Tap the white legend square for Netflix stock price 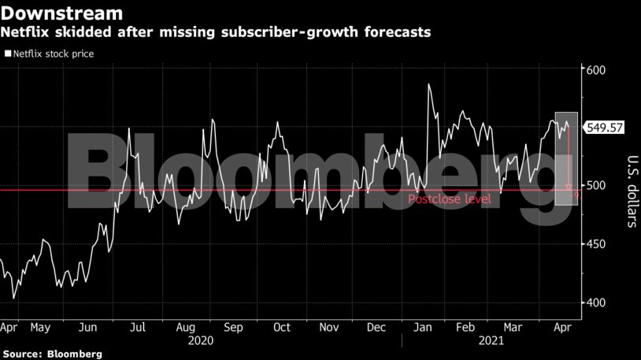pos(7,54)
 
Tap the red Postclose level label pos(449,200)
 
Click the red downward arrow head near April pos(569,187)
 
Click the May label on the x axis pos(40,327)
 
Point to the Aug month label pos(186,327)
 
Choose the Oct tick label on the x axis pos(281,327)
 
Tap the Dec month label pos(376,327)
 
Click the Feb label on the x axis pos(466,327)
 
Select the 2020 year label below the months pos(201,340)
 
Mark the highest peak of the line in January pos(429,84)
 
